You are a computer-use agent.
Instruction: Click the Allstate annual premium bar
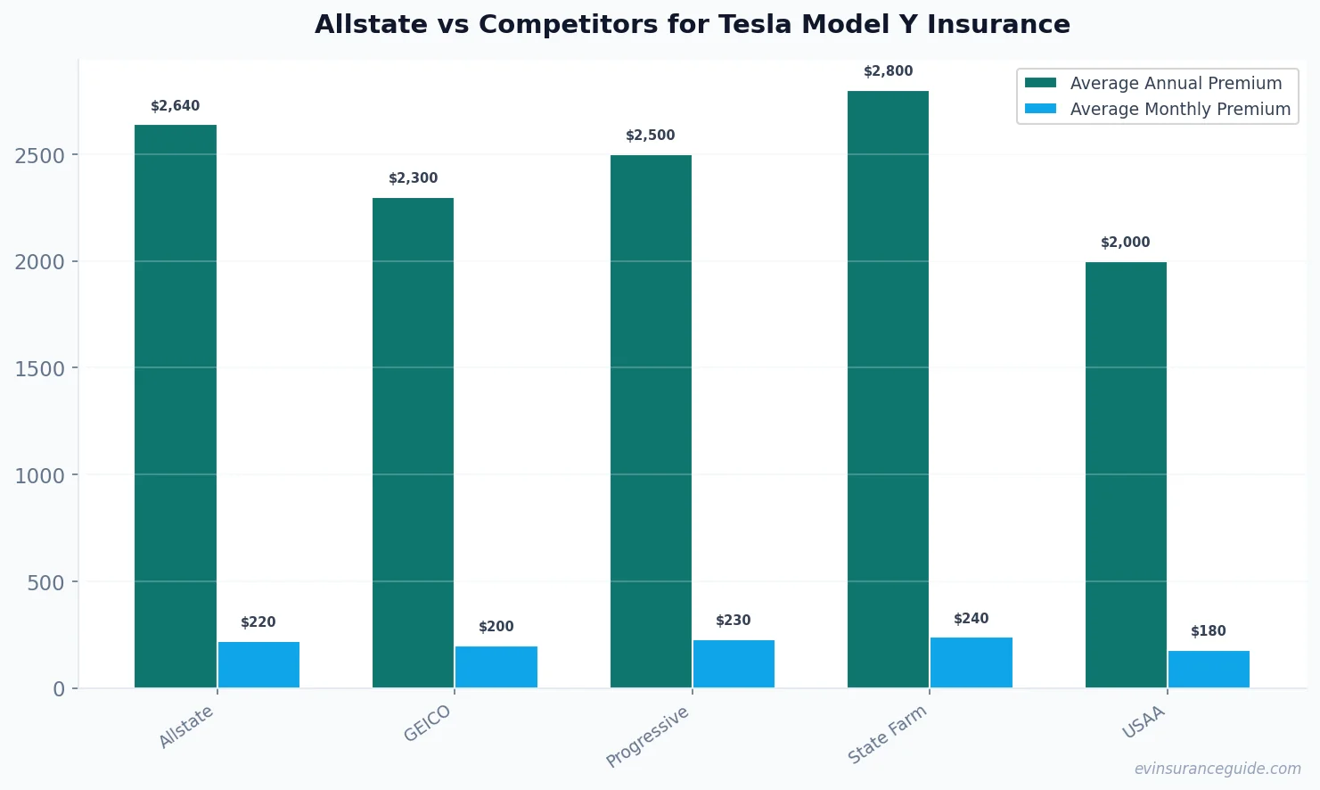pos(176,406)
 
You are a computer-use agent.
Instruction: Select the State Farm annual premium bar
pos(888,389)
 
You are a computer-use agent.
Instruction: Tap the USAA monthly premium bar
pos(1209,669)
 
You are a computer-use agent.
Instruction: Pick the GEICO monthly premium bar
pos(496,667)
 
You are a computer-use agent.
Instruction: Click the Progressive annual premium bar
pos(651,421)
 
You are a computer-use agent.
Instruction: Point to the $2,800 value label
pos(888,71)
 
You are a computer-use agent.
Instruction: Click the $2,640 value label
pos(176,106)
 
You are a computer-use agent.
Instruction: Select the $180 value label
pos(1209,631)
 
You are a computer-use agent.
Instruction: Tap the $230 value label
pos(734,621)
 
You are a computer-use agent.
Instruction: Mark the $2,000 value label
pos(1125,243)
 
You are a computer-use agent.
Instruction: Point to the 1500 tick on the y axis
pos(40,368)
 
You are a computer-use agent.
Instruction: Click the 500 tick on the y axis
pos(46,582)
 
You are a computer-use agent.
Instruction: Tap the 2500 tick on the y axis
pos(40,155)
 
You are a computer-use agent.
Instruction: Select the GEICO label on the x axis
pos(428,723)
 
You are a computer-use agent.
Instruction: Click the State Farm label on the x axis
pos(887,734)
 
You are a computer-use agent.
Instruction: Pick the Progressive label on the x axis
pos(648,737)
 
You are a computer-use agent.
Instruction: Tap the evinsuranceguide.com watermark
pos(1218,769)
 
